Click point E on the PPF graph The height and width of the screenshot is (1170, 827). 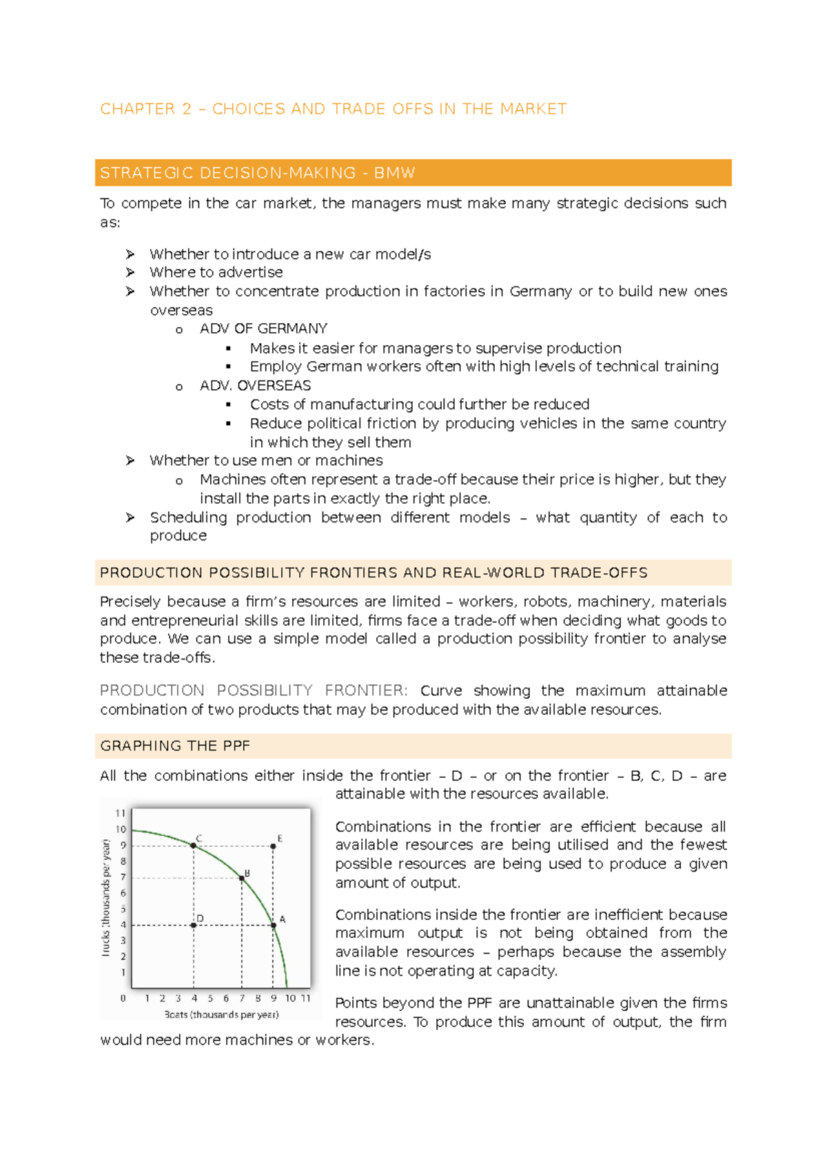[x=274, y=846]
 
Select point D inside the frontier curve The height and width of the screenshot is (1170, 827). [x=194, y=925]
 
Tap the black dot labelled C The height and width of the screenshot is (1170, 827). [x=194, y=845]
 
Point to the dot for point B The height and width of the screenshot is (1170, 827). [x=242, y=878]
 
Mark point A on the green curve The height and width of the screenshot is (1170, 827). [x=274, y=925]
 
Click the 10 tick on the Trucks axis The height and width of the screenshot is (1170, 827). [x=121, y=830]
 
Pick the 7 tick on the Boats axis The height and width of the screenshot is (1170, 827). [x=242, y=998]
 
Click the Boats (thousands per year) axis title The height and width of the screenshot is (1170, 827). [x=221, y=1014]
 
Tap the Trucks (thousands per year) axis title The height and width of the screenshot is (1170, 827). [x=106, y=897]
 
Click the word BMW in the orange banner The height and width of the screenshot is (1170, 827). [x=394, y=173]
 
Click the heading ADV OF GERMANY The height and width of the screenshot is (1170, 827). [x=263, y=329]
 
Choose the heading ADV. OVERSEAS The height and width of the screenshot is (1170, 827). [x=255, y=386]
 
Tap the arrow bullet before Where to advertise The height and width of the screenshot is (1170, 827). [x=130, y=273]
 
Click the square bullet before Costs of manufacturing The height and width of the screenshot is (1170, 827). [x=229, y=405]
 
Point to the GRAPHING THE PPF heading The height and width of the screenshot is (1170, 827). [x=175, y=746]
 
